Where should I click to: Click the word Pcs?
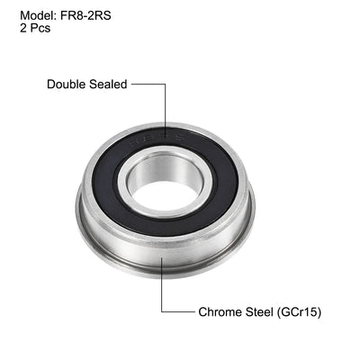pyautogui.click(x=40, y=28)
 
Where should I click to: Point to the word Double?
pyautogui.click(x=68, y=85)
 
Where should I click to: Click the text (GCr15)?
pyautogui.click(x=301, y=312)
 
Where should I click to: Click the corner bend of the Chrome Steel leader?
pyautogui.click(x=162, y=312)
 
